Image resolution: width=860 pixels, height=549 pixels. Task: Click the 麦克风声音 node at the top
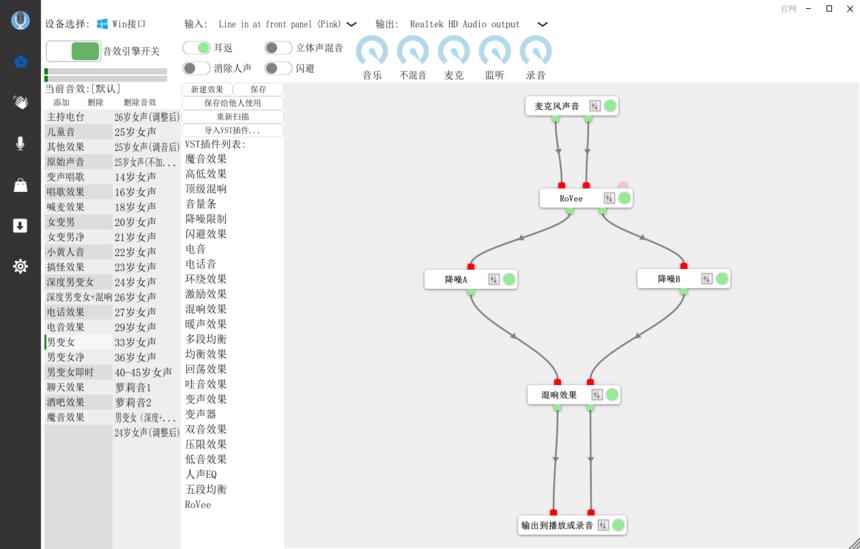[557, 106]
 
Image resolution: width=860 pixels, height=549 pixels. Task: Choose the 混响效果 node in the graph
[559, 395]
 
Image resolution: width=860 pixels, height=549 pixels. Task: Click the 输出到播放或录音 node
[557, 525]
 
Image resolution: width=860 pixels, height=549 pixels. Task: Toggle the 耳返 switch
[196, 47]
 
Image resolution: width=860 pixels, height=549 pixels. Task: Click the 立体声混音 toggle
[278, 47]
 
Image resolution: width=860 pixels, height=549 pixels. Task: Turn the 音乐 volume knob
[372, 51]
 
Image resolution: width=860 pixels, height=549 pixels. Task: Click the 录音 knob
[536, 51]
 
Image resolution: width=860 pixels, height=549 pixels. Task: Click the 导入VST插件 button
[232, 130]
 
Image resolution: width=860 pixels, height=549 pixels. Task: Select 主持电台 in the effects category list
[66, 117]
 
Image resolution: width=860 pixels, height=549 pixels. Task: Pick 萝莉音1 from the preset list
[133, 387]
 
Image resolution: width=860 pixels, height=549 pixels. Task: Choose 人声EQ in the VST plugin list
[200, 474]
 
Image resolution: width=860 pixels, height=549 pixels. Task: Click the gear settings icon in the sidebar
[20, 266]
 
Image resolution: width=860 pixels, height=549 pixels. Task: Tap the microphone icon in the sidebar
[20, 143]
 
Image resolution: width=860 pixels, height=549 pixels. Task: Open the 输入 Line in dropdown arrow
[351, 24]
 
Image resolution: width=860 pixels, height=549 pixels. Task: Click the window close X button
[849, 9]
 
